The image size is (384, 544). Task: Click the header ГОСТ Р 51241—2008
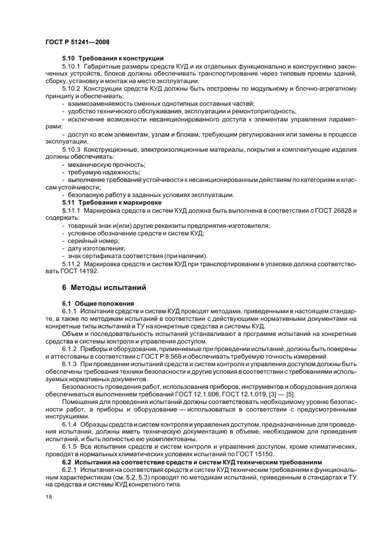77,42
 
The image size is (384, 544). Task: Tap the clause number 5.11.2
71,263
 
